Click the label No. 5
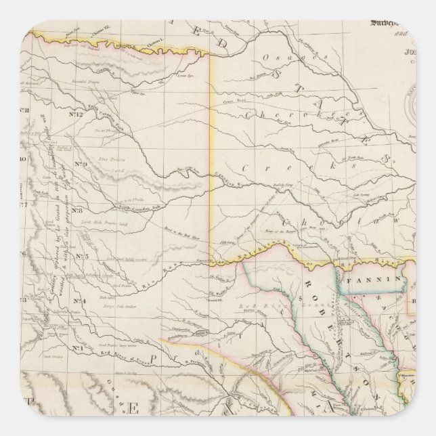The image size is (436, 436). pyautogui.click(x=82, y=255)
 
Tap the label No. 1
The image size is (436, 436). pyautogui.click(x=77, y=348)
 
